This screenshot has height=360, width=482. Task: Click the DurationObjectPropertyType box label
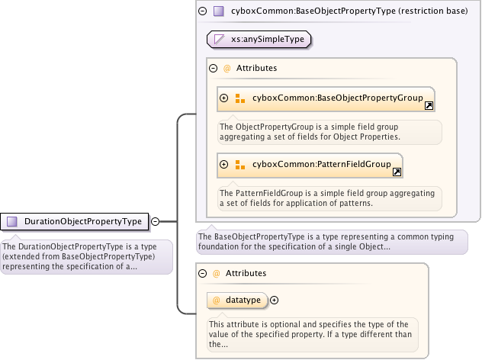tap(83, 221)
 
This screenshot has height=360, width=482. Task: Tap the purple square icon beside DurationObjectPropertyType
tap(12, 221)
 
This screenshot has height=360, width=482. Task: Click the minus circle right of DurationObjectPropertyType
tap(156, 221)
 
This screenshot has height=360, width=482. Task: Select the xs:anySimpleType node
tap(262, 37)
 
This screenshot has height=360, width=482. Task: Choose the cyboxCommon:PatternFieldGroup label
tap(321, 164)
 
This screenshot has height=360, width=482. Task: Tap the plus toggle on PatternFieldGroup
tap(224, 164)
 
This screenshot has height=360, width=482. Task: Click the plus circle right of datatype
tap(275, 301)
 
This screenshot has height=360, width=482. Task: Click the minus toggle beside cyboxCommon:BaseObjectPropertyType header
tap(202, 11)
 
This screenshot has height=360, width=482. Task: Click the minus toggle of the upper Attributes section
tap(213, 68)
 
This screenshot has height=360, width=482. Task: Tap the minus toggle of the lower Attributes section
tap(202, 272)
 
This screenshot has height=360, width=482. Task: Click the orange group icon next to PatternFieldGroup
tap(239, 164)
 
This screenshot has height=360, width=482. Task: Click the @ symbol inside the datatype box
tap(216, 301)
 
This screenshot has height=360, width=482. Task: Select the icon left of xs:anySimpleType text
tap(220, 37)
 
